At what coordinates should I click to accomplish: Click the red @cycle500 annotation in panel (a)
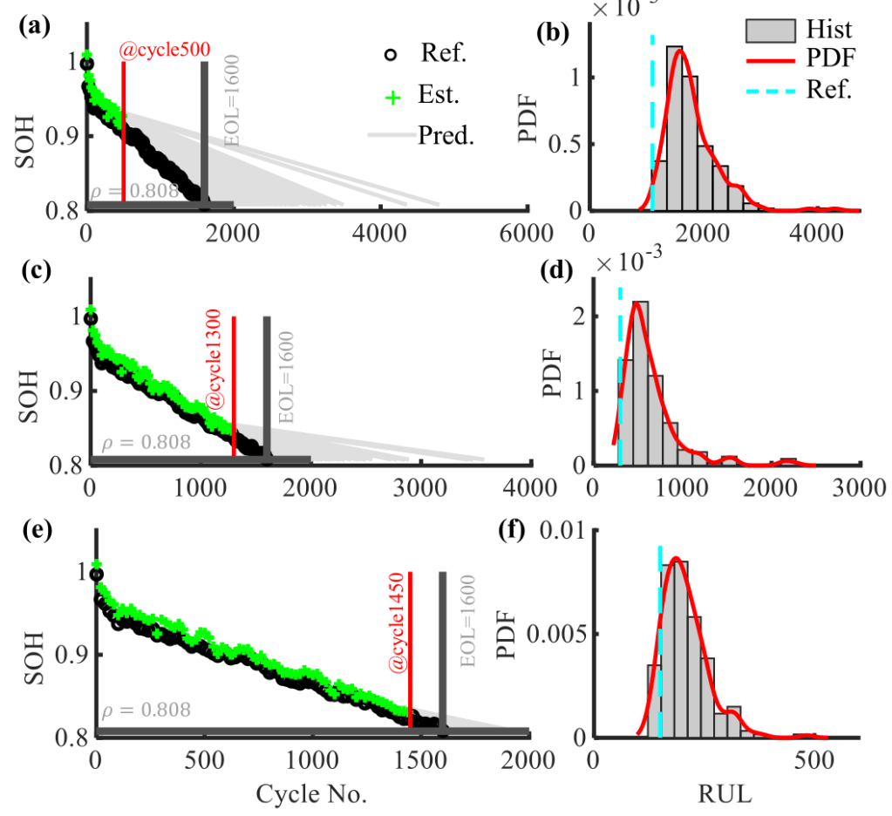tap(165, 51)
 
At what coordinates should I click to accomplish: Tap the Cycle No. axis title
tap(311, 794)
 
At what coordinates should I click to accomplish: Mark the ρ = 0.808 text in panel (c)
tap(146, 443)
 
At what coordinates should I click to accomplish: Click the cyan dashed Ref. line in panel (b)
tap(652, 122)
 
